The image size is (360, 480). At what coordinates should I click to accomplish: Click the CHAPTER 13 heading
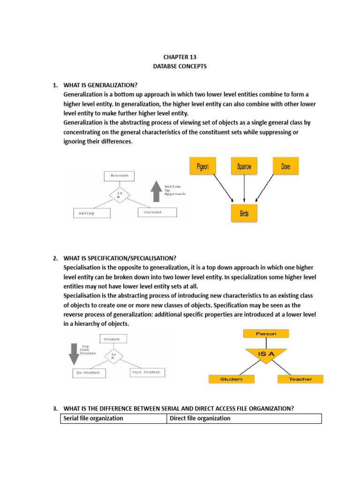(180, 57)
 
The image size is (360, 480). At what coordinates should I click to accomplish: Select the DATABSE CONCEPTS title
(180, 66)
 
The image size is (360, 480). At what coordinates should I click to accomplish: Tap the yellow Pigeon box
(203, 166)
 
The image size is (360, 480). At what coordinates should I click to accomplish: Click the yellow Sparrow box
(244, 166)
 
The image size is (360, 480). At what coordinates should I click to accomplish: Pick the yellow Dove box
(285, 166)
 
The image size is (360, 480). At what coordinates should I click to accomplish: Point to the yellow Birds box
(244, 213)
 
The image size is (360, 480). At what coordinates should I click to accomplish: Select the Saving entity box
(92, 213)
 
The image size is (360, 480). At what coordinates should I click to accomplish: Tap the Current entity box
(157, 212)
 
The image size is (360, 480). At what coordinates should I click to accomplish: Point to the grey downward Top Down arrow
(74, 354)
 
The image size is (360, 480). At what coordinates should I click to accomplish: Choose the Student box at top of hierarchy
(112, 339)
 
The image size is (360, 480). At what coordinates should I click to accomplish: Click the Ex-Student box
(89, 373)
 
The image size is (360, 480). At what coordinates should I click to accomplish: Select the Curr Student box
(147, 373)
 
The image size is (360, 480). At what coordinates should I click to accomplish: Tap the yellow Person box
(266, 334)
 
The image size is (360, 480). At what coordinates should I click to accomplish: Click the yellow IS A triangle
(266, 356)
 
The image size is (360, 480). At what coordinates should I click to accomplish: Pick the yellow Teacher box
(300, 379)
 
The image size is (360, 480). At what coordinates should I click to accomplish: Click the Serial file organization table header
(113, 419)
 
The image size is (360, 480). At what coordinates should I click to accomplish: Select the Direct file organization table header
(244, 419)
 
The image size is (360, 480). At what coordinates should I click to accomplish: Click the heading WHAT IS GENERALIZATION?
(100, 85)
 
